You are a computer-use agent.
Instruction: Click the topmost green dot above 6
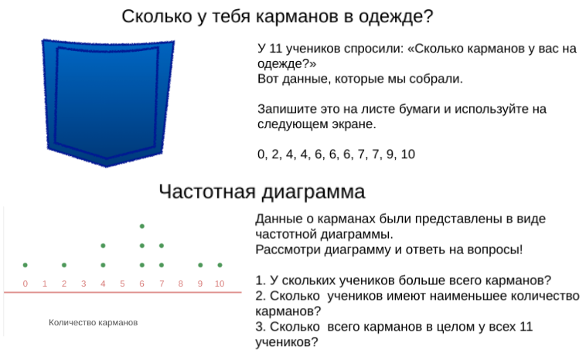[142, 226]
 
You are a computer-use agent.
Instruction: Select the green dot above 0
[25, 265]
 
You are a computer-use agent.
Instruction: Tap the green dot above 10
[220, 265]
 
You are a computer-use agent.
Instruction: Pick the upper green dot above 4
[103, 246]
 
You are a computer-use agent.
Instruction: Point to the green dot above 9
[200, 265]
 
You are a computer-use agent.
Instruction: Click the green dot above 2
[64, 265]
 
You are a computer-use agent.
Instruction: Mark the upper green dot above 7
[162, 246]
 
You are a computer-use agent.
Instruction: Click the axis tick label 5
[122, 284]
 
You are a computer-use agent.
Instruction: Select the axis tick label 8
[180, 284]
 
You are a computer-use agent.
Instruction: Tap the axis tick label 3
[83, 284]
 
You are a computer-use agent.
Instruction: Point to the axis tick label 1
[45, 284]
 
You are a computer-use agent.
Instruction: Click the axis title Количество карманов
[93, 323]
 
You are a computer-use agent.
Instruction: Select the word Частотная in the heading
[207, 192]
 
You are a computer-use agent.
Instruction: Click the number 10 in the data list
[407, 155]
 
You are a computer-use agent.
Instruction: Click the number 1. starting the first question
[261, 280]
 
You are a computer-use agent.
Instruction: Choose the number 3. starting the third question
[261, 327]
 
